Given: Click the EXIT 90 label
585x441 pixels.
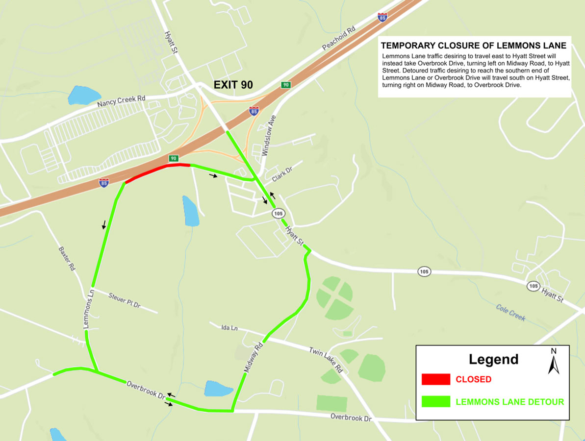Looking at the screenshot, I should [x=233, y=84].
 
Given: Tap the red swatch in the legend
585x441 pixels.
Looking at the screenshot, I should [x=435, y=379].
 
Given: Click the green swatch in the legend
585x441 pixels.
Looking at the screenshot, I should [x=435, y=401].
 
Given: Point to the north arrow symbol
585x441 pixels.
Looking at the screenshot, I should [x=554, y=362].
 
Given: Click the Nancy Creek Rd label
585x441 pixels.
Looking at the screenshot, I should [x=121, y=102].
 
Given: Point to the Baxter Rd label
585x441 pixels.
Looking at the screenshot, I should [x=66, y=258].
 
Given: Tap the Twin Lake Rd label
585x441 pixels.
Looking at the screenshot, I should [x=325, y=360].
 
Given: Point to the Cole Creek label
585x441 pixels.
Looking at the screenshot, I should [x=510, y=312].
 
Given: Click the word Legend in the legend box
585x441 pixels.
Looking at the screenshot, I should [x=493, y=359].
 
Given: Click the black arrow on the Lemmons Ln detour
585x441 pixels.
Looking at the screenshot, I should [x=104, y=225].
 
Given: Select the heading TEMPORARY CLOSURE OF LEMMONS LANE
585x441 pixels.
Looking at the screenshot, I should [x=473, y=46].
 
